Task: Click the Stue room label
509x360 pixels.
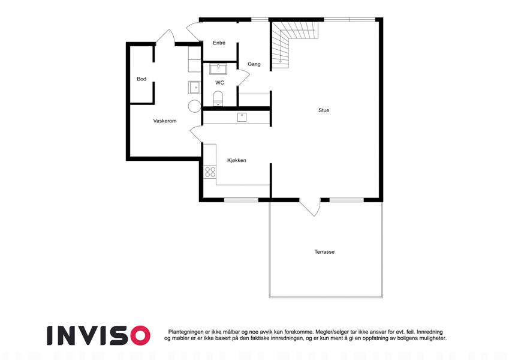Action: (x=324, y=110)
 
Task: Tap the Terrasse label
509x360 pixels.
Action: (x=324, y=252)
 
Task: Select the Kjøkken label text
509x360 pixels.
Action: (x=237, y=160)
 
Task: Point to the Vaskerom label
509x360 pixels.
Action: (x=165, y=121)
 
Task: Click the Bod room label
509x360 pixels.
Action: (x=141, y=79)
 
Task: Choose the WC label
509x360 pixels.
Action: (x=220, y=83)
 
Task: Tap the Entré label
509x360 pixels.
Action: (x=219, y=43)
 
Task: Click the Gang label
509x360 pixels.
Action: (x=254, y=64)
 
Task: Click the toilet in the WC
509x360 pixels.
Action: (x=218, y=99)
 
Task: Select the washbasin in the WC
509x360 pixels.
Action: (x=218, y=69)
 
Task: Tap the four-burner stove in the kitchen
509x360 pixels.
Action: (x=210, y=172)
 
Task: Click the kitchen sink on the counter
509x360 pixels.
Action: (x=242, y=117)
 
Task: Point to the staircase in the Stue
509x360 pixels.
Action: (x=294, y=42)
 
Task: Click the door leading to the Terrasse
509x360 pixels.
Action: (x=310, y=206)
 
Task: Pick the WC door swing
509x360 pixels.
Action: (x=243, y=77)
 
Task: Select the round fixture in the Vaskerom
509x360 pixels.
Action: (x=194, y=106)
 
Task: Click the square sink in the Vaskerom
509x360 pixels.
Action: (x=194, y=88)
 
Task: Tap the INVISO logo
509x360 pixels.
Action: (x=99, y=335)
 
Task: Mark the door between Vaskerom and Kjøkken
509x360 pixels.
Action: (x=197, y=134)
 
